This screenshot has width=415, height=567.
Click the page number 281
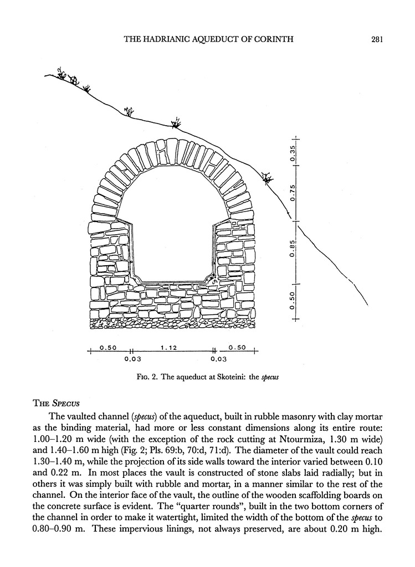click(377, 39)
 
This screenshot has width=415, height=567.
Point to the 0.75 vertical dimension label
click(293, 194)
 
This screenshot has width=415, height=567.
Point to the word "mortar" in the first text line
click(353, 416)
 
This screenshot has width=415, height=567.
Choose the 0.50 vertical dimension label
click(293, 301)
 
